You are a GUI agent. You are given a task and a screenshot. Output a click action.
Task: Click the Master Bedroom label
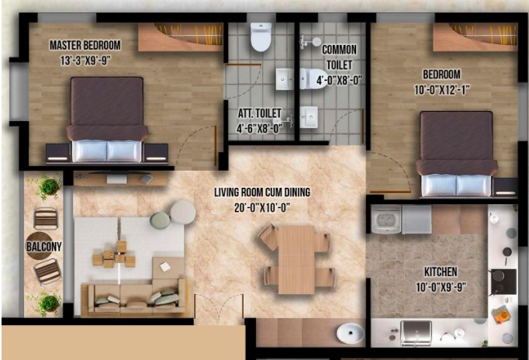[85, 45]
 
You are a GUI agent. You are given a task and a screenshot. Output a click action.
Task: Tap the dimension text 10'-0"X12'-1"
[441, 90]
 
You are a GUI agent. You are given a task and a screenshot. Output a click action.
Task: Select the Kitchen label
[441, 272]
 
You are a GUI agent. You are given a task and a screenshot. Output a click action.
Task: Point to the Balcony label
[44, 247]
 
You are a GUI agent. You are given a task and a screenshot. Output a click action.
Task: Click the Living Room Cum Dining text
[262, 192]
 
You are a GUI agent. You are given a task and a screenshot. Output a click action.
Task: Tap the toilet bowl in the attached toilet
[261, 36]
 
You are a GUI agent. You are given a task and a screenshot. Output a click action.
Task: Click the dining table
[296, 259]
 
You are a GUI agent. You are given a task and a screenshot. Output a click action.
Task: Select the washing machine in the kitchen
[386, 219]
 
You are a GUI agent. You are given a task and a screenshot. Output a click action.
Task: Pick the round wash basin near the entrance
[350, 334]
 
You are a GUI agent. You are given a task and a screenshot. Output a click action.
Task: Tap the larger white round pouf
[182, 213]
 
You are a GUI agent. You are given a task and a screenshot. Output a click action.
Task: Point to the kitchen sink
[416, 333]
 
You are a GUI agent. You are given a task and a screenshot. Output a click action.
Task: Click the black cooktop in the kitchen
[503, 282]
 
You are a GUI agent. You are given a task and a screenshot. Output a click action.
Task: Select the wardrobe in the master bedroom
[181, 37]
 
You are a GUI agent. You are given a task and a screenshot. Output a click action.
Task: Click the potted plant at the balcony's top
[50, 186]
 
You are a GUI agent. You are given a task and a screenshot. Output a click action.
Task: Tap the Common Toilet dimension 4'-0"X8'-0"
[339, 80]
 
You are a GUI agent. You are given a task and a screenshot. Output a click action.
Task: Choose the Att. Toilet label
[259, 113]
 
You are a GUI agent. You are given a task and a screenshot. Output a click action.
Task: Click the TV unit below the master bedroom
[121, 178]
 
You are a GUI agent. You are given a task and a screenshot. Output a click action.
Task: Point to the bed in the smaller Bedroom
[456, 154]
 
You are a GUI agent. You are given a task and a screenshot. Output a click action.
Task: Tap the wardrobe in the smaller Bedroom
[475, 37]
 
